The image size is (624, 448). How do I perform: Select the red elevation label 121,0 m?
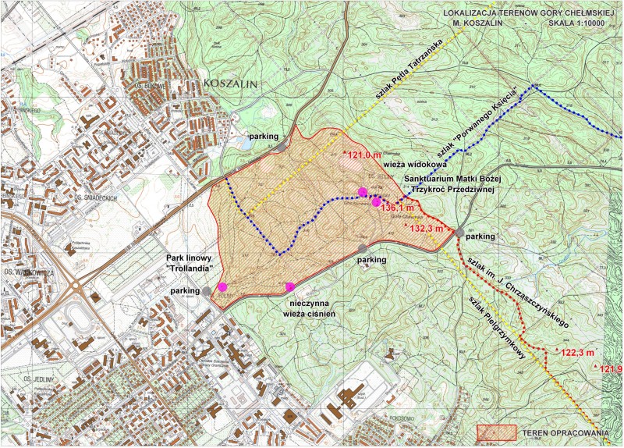click(x=365, y=155)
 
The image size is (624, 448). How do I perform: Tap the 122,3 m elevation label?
click(x=578, y=352)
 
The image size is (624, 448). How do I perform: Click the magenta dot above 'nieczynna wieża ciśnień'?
click(x=290, y=286)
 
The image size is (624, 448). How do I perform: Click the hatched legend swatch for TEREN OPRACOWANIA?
click(x=497, y=432)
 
